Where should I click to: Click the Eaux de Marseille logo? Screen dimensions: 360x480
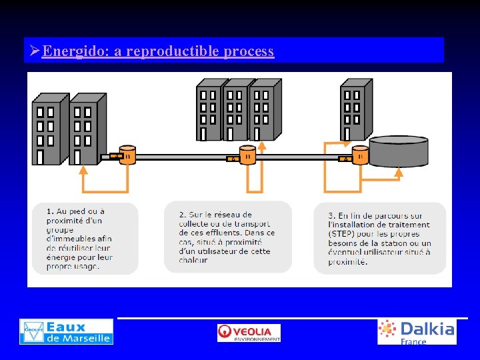click(x=66, y=331)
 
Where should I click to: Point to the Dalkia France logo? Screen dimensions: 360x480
click(x=417, y=331)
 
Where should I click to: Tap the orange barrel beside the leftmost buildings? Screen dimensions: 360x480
click(x=127, y=155)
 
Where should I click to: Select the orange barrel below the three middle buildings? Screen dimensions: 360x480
click(x=247, y=155)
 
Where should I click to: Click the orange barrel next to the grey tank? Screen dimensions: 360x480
click(x=360, y=155)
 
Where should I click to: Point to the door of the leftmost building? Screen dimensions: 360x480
click(x=41, y=157)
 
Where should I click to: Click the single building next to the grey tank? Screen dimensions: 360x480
click(x=355, y=110)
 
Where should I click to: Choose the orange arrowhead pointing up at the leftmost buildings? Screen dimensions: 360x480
click(x=83, y=169)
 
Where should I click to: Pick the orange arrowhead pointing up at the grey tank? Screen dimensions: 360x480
click(x=399, y=172)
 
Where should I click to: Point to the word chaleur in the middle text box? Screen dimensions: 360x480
click(x=193, y=260)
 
